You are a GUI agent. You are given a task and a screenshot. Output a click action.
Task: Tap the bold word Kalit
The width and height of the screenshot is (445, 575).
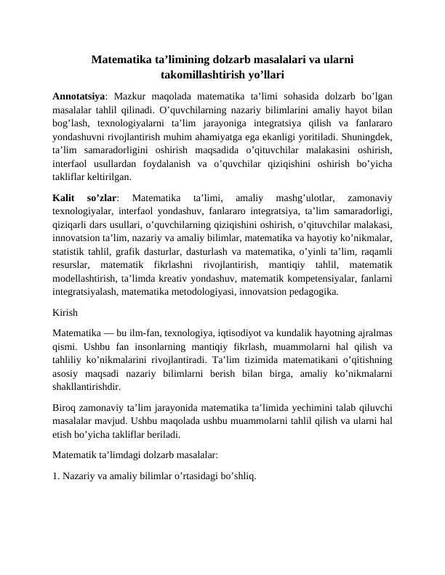66,197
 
